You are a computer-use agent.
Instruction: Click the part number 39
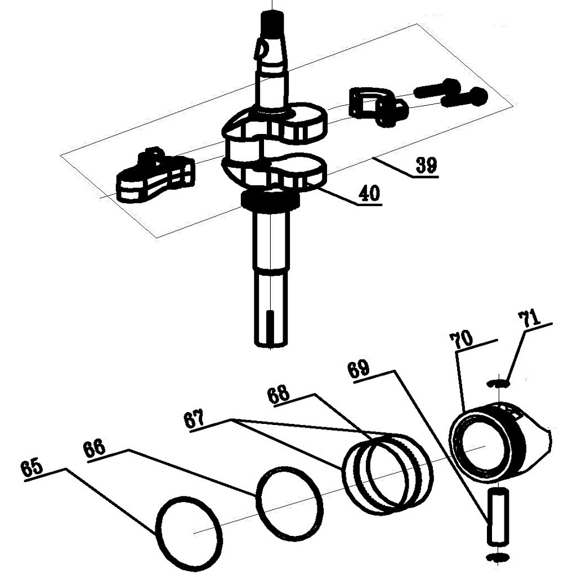427,166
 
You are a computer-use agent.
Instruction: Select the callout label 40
369,193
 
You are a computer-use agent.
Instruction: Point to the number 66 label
95,449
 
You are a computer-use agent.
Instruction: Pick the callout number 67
195,419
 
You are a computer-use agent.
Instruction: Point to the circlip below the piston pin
498,557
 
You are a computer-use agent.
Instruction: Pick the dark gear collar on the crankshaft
270,200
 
